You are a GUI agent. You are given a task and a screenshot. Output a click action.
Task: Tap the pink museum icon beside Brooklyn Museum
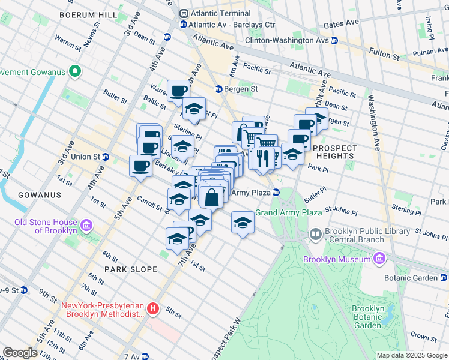[379, 259]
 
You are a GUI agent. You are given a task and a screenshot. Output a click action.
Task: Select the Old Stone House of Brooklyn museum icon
[86, 226]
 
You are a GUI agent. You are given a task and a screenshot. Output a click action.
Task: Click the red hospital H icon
[153, 309]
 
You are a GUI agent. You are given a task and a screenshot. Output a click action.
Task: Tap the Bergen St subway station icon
[219, 89]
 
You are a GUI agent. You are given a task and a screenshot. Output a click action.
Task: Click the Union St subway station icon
[105, 157]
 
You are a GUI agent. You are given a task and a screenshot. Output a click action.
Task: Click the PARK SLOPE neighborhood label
[131, 269]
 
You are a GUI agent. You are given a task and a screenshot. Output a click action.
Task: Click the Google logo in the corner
[20, 353]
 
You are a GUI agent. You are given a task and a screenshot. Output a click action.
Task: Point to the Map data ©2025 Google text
[412, 355]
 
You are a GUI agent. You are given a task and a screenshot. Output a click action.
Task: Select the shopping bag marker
[212, 196]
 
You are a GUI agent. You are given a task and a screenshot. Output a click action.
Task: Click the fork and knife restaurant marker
[260, 158]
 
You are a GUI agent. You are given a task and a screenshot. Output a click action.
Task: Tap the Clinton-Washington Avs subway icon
[335, 41]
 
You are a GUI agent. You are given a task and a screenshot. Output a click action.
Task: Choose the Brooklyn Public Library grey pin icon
[316, 233]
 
